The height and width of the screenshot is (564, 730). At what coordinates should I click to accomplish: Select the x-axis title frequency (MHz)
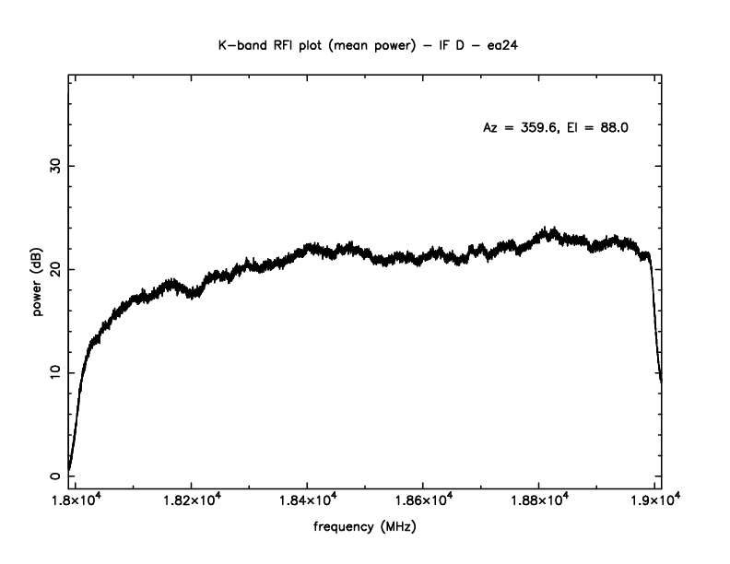(x=365, y=528)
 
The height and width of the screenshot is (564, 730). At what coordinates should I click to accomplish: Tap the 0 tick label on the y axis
(x=55, y=476)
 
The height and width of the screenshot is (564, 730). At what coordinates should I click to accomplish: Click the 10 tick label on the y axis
(x=55, y=372)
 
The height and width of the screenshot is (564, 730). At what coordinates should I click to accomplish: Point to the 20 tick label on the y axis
(x=55, y=269)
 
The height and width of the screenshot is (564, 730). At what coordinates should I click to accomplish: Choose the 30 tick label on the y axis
(x=55, y=166)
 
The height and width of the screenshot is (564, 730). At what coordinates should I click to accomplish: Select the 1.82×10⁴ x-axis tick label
(x=191, y=501)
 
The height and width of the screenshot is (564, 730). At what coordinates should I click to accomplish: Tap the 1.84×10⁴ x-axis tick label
(x=307, y=501)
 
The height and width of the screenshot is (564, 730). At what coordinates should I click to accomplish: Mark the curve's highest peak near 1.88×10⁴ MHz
(x=550, y=229)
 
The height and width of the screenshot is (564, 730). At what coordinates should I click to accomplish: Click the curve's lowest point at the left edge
(x=70, y=470)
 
